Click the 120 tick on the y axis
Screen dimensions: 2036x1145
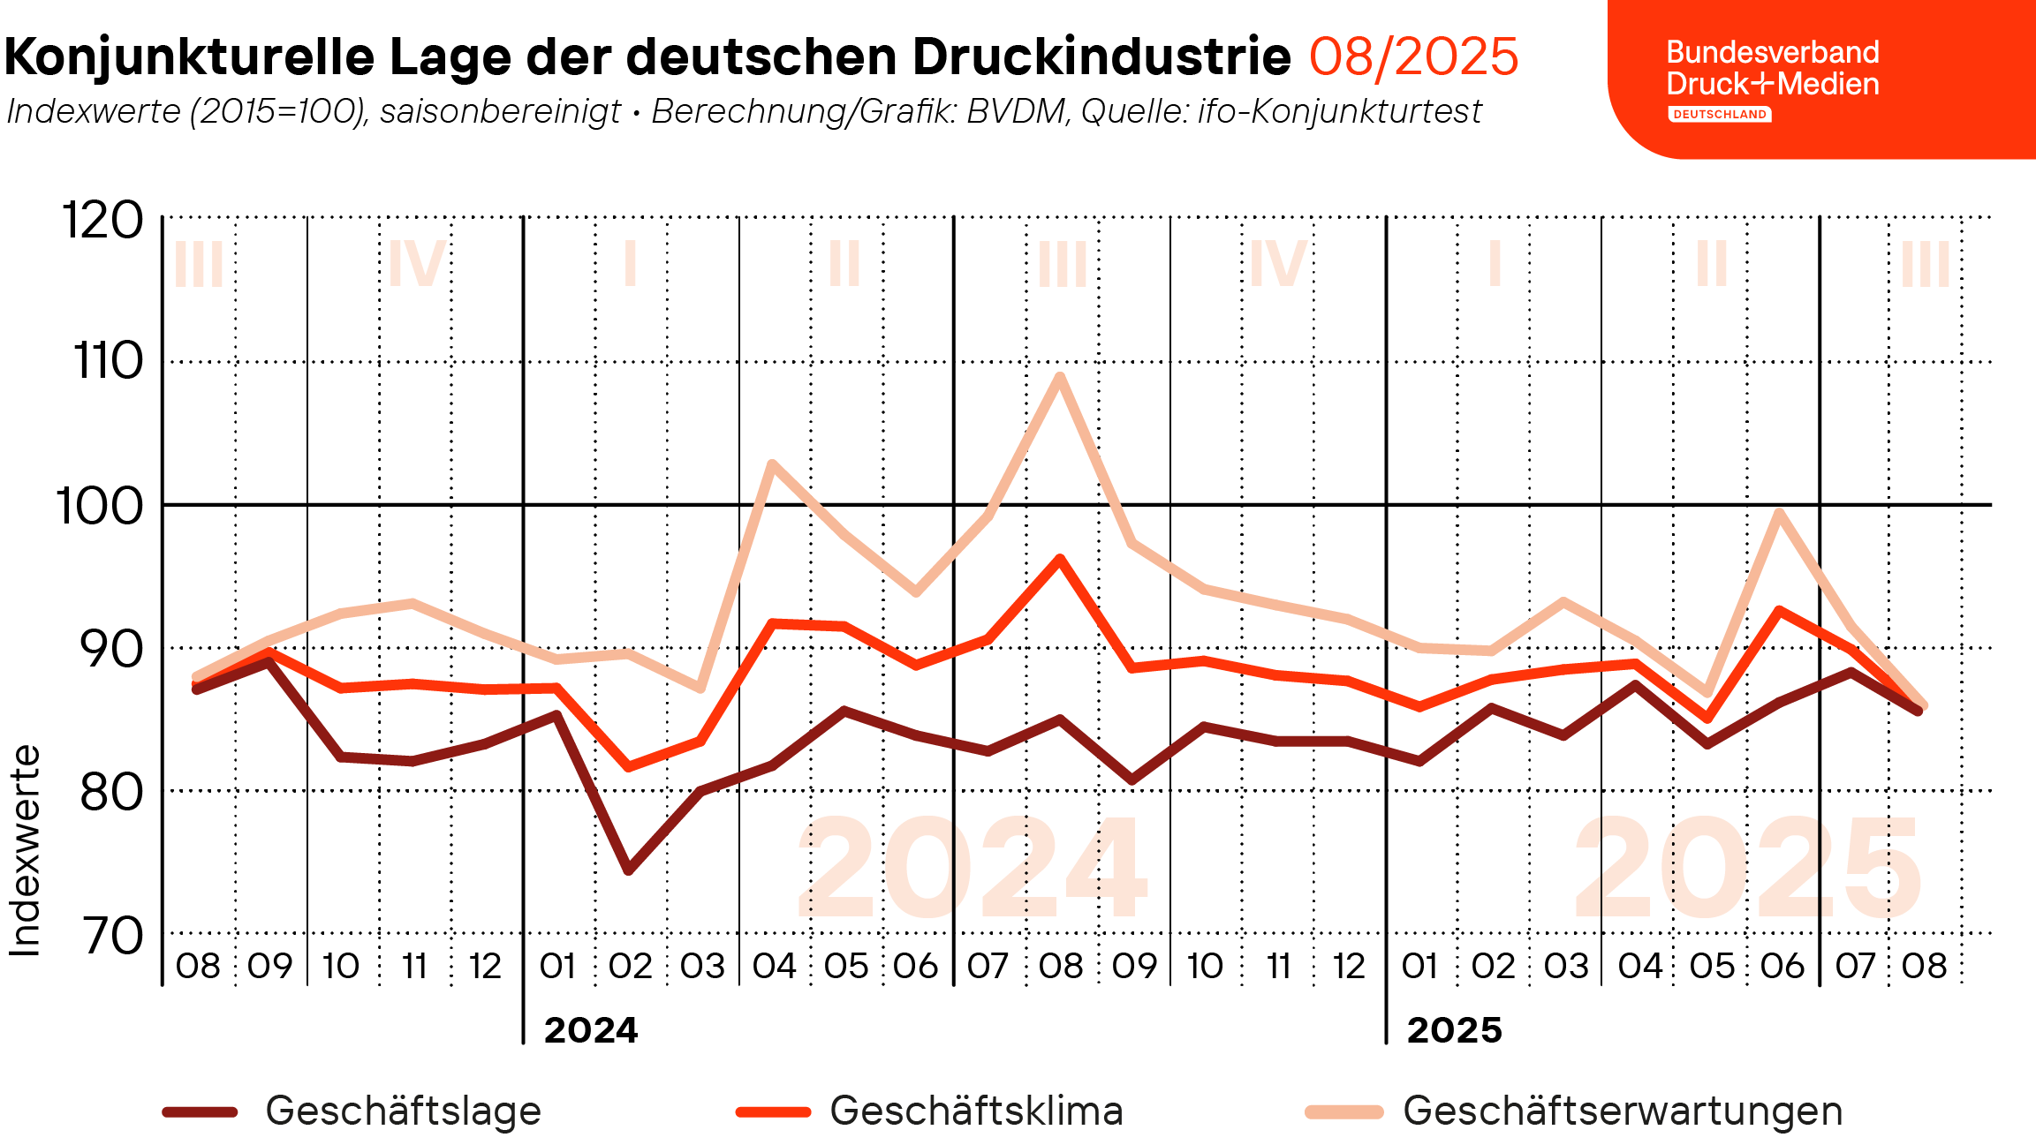pyautogui.click(x=102, y=220)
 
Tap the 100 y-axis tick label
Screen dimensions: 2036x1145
pyautogui.click(x=100, y=507)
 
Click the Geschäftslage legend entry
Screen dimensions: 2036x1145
pyautogui.click(x=352, y=1111)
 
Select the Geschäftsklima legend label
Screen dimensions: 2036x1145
pyautogui.click(x=976, y=1111)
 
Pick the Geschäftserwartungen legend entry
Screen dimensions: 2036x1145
pyautogui.click(x=1574, y=1111)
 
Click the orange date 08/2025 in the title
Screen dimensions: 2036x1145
pyautogui.click(x=1413, y=57)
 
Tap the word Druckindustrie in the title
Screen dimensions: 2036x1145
pyautogui.click(x=1101, y=56)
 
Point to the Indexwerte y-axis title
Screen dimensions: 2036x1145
pyautogui.click(x=25, y=851)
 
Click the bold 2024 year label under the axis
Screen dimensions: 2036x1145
pyautogui.click(x=591, y=1030)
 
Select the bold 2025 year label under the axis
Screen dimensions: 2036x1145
pyautogui.click(x=1455, y=1030)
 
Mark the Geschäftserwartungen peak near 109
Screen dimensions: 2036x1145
pyautogui.click(x=1060, y=377)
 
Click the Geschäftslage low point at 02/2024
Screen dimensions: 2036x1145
pyautogui.click(x=628, y=870)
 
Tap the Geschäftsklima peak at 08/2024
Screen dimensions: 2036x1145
pyautogui.click(x=1060, y=559)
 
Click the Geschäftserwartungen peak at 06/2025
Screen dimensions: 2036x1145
pyautogui.click(x=1779, y=513)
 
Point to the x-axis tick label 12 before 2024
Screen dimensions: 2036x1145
pyautogui.click(x=485, y=966)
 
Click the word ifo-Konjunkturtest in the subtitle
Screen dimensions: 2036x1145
pyautogui.click(x=1340, y=111)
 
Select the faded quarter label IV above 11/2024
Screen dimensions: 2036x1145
pyautogui.click(x=1277, y=262)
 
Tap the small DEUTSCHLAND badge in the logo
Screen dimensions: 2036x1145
pyautogui.click(x=1720, y=114)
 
